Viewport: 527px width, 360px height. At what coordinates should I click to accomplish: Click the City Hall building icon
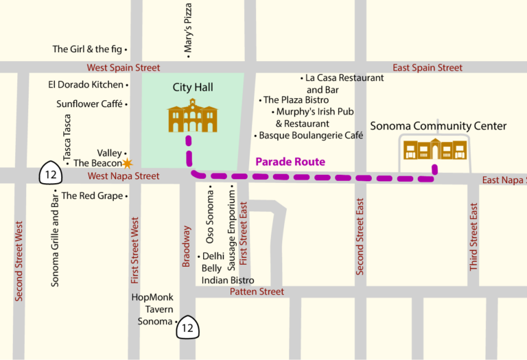[x=192, y=116]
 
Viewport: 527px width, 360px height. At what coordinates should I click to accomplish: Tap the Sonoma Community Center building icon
[x=434, y=149]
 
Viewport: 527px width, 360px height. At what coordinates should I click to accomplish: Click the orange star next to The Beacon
[x=127, y=163]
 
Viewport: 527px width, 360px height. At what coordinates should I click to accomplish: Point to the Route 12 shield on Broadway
[x=188, y=327]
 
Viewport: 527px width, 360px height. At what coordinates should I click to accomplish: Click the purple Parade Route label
[x=290, y=163]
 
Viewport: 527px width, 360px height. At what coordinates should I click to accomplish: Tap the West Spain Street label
[x=124, y=68]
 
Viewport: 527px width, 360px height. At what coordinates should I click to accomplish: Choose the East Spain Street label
[x=428, y=68]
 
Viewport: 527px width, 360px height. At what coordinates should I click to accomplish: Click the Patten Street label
[x=257, y=292]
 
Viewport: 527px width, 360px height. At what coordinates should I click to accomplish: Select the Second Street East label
[x=360, y=237]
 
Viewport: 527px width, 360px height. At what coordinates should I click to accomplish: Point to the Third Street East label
[x=473, y=237]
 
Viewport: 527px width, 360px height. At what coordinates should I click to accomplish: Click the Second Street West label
[x=19, y=261]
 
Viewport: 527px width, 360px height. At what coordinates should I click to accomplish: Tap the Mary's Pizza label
[x=188, y=29]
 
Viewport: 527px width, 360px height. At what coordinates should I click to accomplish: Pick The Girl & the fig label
[x=87, y=49]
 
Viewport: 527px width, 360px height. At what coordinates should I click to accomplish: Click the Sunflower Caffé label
[x=89, y=104]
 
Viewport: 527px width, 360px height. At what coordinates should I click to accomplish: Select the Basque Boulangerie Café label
[x=310, y=136]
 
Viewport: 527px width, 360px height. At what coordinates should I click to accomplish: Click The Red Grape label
[x=92, y=196]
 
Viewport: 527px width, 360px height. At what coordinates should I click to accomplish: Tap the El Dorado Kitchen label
[x=85, y=85]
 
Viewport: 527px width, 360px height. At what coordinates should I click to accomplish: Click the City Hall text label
[x=193, y=88]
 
